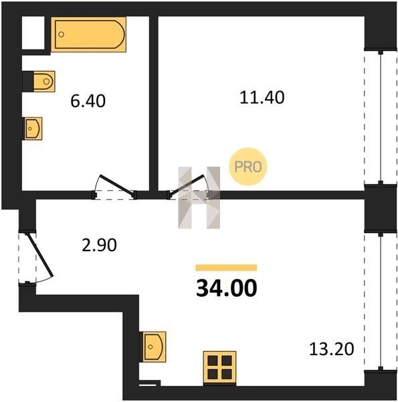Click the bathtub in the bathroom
[88, 34]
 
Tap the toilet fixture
[44, 82]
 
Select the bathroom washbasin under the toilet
[33, 129]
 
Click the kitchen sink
[154, 346]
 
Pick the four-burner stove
[219, 368]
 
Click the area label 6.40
[88, 101]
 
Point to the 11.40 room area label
[262, 98]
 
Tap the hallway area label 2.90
[99, 245]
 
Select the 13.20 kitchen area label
[332, 349]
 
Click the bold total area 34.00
[227, 288]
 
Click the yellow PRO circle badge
[248, 167]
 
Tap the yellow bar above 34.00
[226, 267]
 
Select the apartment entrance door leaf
[40, 255]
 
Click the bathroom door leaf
[117, 186]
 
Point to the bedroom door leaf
[187, 185]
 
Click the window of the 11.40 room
[381, 117]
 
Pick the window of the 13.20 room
[381, 301]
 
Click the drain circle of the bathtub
[62, 34]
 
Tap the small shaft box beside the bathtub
[33, 33]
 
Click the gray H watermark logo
[199, 198]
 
